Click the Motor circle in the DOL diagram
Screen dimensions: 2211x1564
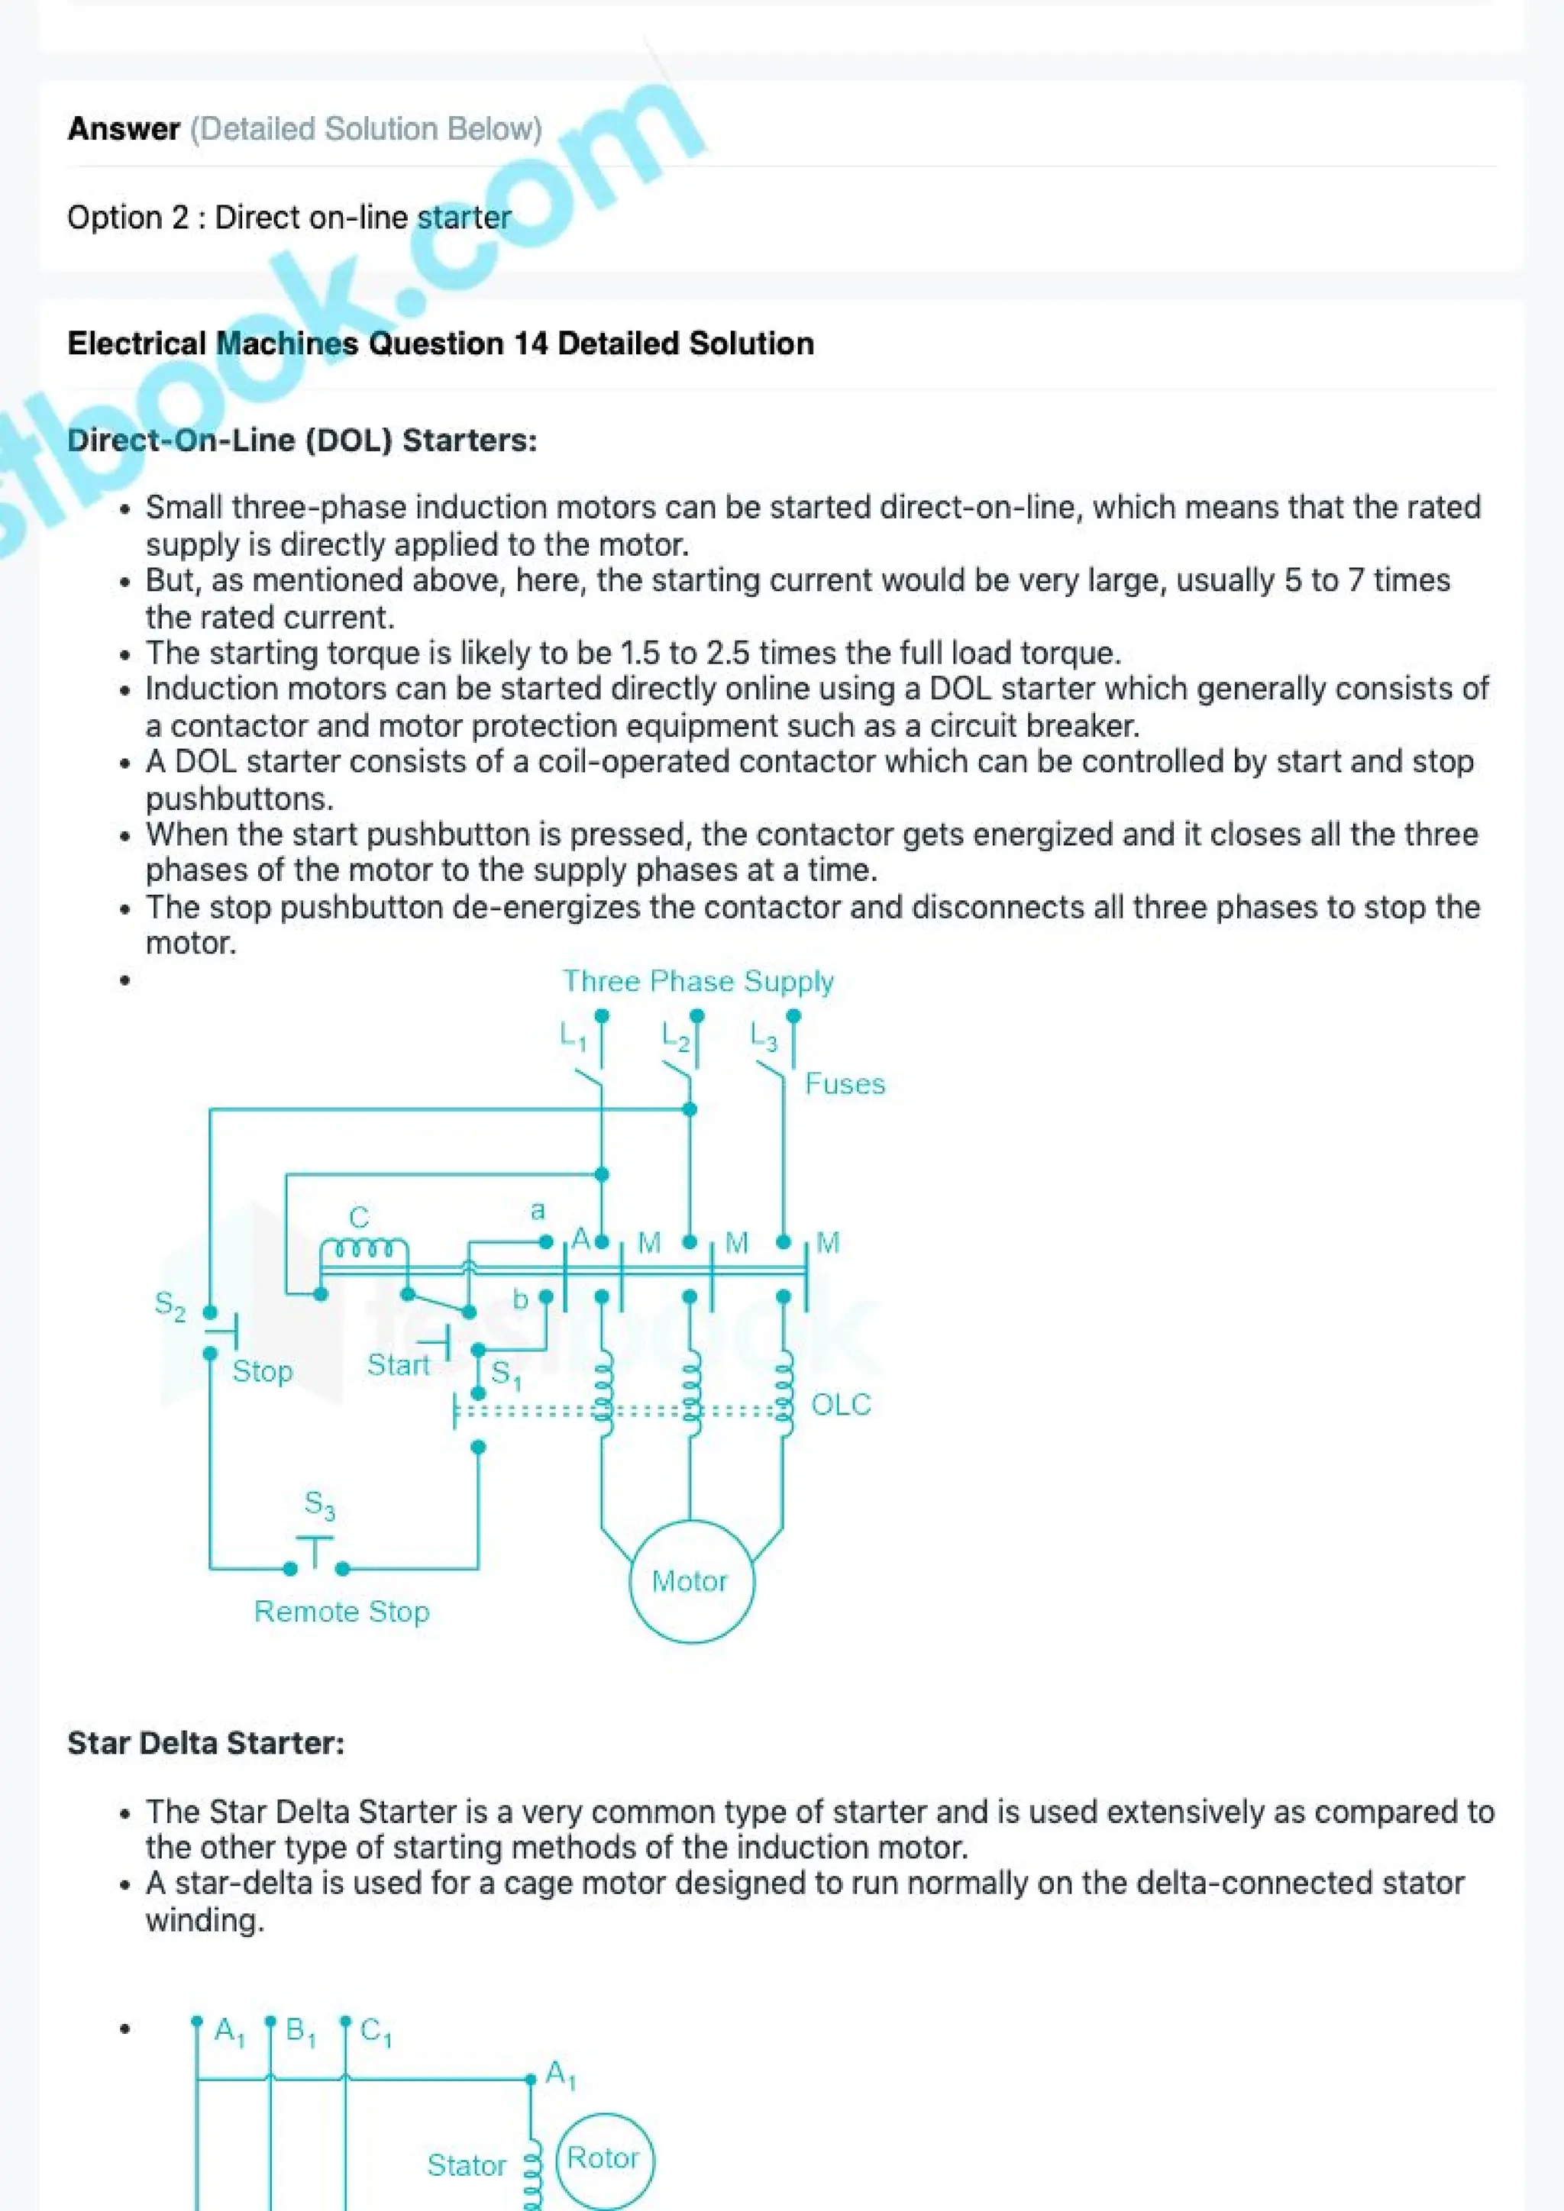pos(690,1581)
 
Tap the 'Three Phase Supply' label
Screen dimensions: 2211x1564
pos(698,981)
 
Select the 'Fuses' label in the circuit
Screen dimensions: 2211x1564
pos(845,1084)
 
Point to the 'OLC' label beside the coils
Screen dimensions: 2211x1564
pos(840,1405)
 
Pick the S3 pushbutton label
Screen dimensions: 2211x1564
pos(320,1504)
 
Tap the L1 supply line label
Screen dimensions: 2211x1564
pos(573,1037)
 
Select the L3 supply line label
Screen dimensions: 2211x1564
pos(763,1037)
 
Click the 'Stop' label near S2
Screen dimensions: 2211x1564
pos(262,1371)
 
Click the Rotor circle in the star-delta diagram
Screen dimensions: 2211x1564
pos(605,2158)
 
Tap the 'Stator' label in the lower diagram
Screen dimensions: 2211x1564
pos(466,2166)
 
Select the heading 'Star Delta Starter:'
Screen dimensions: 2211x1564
pos(205,1743)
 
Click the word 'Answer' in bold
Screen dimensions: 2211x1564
pos(123,129)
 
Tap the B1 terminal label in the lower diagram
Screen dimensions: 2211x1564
pos(300,2032)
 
